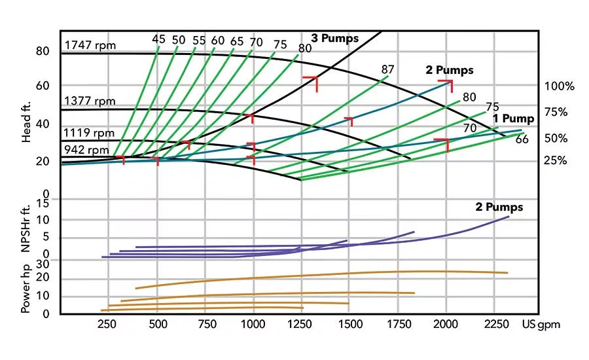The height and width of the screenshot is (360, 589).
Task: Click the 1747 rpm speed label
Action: pos(90,46)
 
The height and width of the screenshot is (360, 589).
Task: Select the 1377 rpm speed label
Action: pos(90,101)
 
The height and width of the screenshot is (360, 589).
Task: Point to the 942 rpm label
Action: pos(86,150)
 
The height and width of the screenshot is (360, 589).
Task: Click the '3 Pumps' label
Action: pos(335,39)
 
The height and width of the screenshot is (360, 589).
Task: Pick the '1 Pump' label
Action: pos(514,118)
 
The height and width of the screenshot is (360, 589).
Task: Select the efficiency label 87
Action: pos(387,70)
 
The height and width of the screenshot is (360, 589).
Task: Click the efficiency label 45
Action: pos(158,40)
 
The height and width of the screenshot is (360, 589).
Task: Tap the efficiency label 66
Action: pos(522,139)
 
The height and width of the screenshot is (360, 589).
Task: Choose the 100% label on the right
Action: pos(559,86)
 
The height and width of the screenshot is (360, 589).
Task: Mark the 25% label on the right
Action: pos(555,161)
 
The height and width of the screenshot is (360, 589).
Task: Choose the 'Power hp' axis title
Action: pos(26,288)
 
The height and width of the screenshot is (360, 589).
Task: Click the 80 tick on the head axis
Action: pos(43,51)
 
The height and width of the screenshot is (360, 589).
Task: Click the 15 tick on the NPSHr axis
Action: pos(43,204)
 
